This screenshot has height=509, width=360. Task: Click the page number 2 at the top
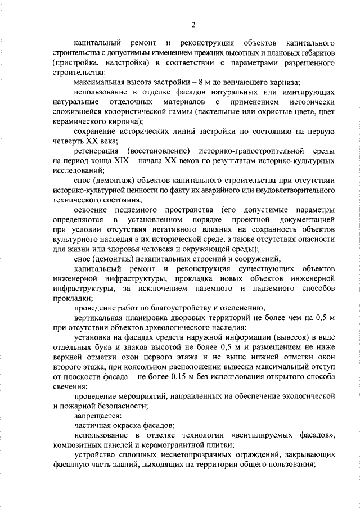pos(192,24)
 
